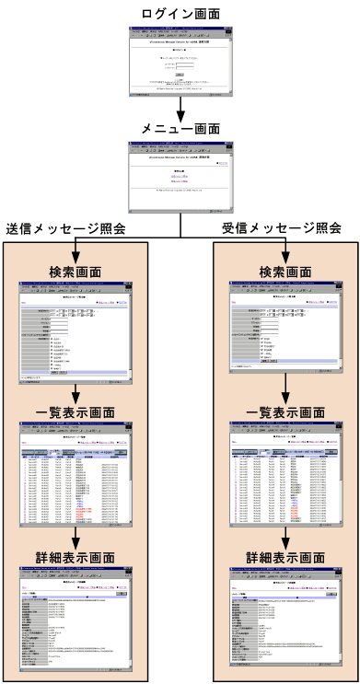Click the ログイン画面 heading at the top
pos(180,13)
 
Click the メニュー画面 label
pos(180,128)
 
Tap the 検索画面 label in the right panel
pos(285,272)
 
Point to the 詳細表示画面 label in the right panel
pos(285,559)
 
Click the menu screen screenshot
pos(180,176)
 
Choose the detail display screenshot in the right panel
pos(285,622)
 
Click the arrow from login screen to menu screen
pos(180,108)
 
